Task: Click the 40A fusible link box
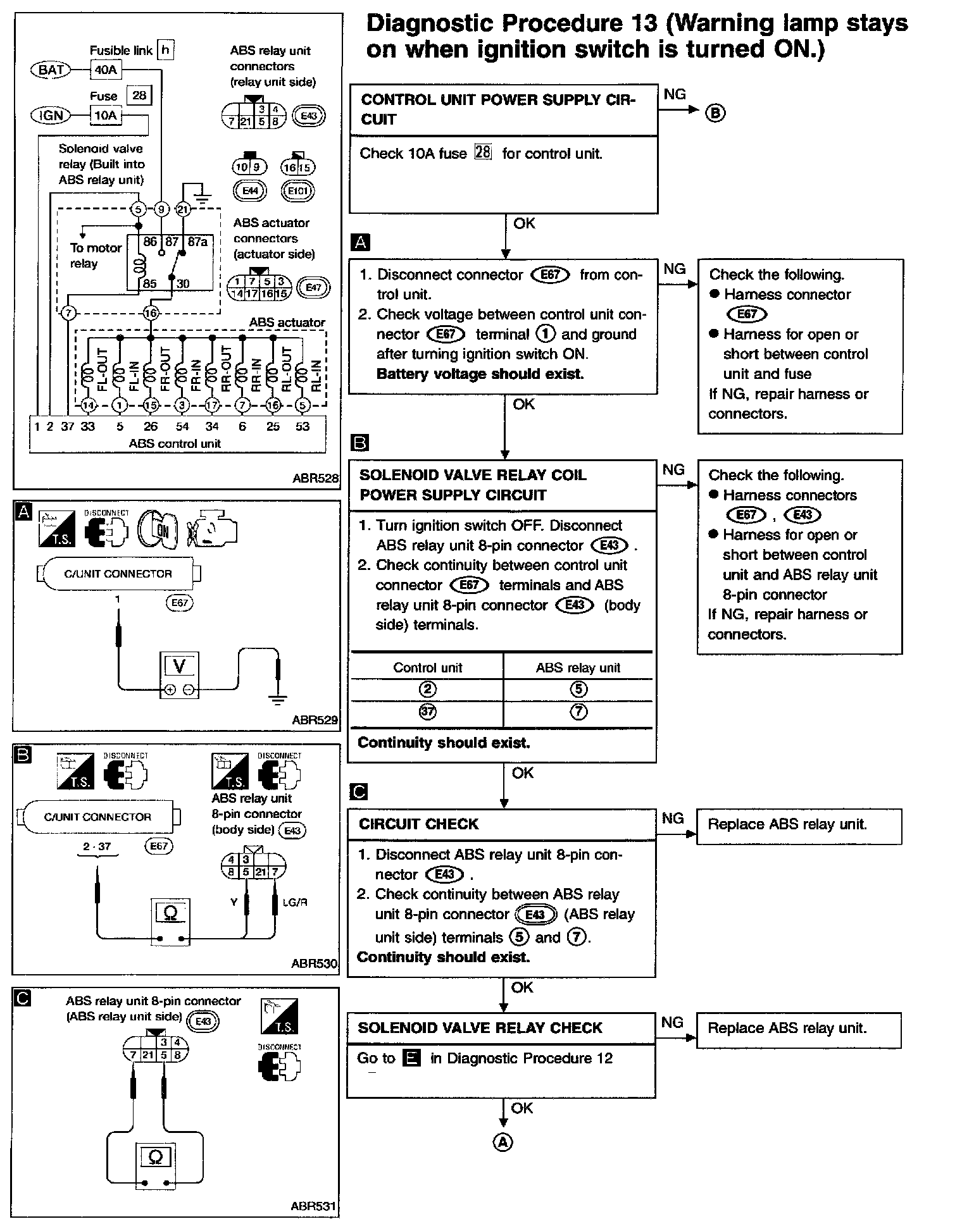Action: (106, 70)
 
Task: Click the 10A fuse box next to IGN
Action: (106, 116)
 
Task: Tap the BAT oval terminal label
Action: (51, 70)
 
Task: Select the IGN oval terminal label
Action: (51, 116)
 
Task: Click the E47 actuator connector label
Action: (313, 288)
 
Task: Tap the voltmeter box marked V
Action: (180, 675)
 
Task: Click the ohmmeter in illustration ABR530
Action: (170, 920)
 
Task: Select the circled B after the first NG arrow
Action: (716, 113)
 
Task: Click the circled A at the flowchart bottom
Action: (503, 1142)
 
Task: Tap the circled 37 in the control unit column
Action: (428, 712)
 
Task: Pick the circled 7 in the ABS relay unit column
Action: (578, 712)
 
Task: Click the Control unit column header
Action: (428, 668)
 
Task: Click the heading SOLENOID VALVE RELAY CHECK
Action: (480, 1028)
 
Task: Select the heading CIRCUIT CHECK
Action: (419, 824)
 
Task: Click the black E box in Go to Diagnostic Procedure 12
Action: (412, 1058)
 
